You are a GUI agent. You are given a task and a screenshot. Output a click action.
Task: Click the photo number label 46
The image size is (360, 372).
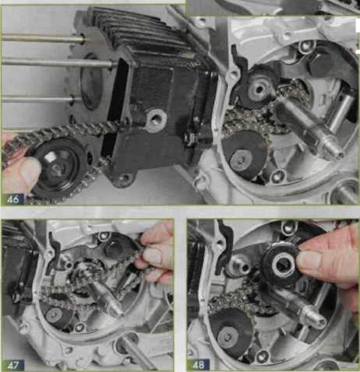point(13,199)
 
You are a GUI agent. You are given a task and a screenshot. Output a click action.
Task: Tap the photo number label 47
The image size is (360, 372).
point(13,365)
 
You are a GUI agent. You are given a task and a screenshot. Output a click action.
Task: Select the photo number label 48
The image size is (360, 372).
point(199,365)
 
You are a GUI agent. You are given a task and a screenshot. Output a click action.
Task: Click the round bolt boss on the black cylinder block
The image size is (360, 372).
point(157,120)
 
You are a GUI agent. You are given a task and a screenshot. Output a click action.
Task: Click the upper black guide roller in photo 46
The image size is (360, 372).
point(257,88)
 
